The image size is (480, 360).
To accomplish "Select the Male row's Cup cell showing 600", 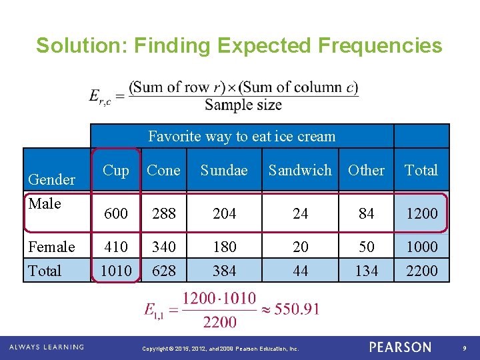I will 116,213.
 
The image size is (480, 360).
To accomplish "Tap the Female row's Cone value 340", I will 163,247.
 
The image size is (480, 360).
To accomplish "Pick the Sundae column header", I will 224,171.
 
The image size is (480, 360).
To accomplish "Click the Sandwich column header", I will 299,171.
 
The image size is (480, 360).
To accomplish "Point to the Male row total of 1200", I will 422,213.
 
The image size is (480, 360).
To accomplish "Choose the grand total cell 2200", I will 422,271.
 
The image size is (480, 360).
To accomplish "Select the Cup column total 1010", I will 116,271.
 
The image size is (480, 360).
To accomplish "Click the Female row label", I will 51,247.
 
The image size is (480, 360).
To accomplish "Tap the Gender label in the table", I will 51,179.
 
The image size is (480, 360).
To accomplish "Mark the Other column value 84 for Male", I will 366,213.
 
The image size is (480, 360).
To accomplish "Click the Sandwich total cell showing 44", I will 301,271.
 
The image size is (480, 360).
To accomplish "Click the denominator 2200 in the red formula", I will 219,322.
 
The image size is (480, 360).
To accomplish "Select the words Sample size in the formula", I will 243,105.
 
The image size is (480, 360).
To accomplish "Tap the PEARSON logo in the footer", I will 400,347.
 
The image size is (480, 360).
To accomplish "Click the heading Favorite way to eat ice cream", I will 241,137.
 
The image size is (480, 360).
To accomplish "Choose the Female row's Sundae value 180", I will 224,247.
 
